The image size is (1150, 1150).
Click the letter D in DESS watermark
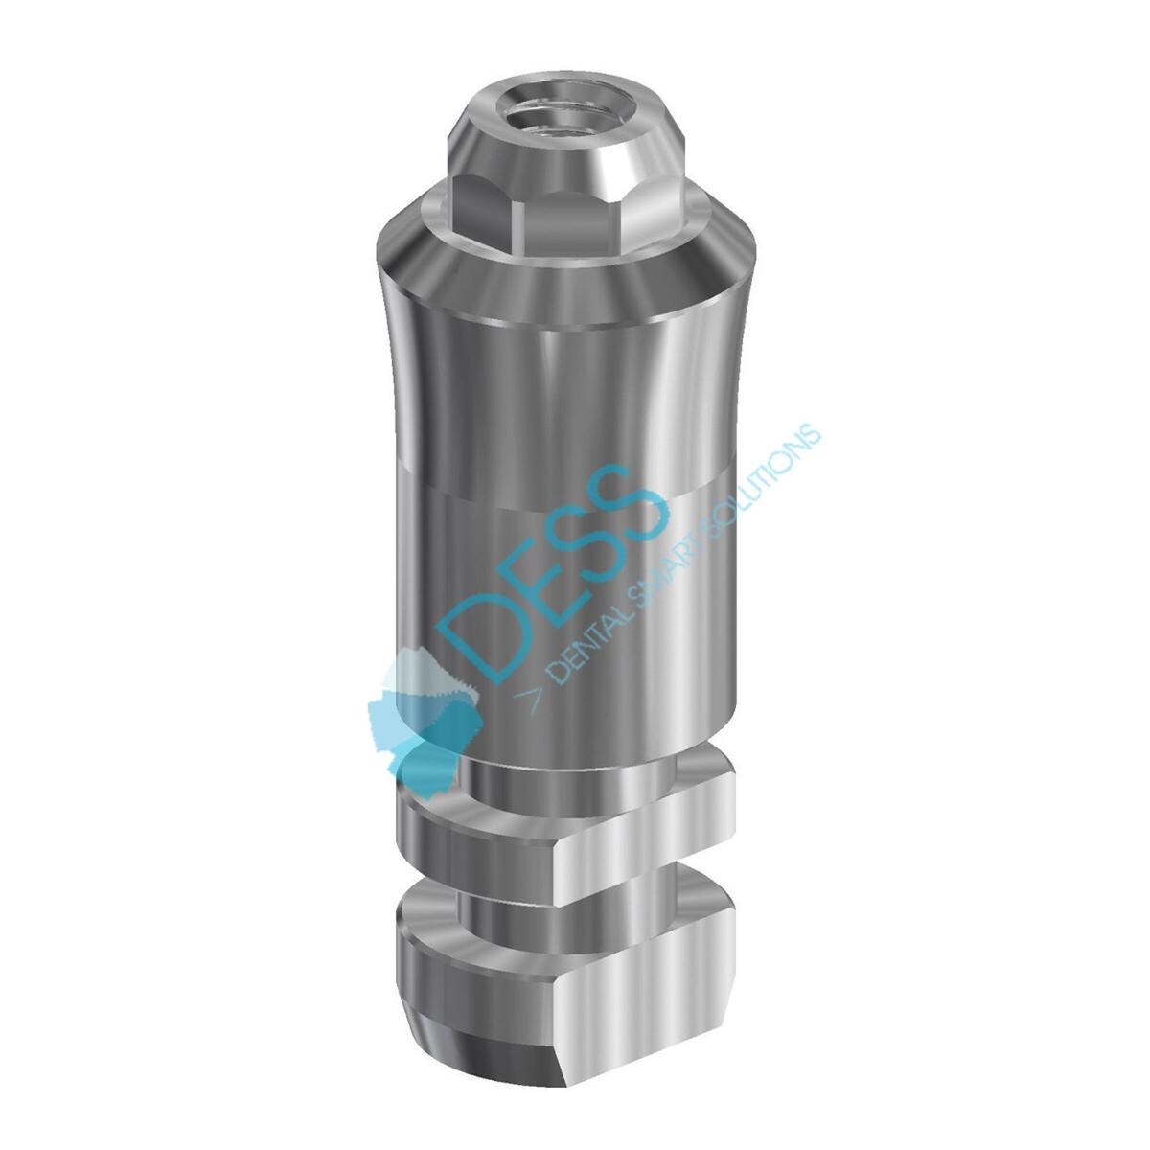point(479,637)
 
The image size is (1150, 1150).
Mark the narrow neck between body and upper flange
point(537,757)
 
